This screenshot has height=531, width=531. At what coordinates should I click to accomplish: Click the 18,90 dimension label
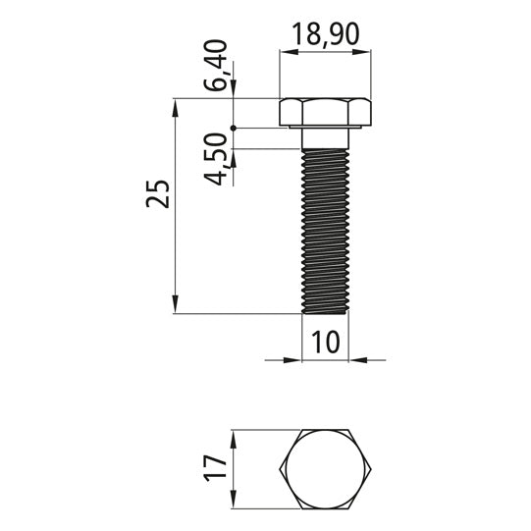coord(325,34)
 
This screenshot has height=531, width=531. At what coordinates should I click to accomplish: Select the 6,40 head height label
coord(216,65)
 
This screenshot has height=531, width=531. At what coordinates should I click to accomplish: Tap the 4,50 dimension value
coord(216,159)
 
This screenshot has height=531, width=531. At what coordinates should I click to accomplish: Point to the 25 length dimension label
coord(157,193)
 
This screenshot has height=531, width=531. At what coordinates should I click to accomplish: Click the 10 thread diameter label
coord(325,343)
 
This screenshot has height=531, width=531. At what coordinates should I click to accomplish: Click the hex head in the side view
coord(325,113)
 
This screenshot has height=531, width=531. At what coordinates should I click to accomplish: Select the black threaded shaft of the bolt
coord(325,232)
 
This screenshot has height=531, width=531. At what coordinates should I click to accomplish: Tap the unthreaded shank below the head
coord(325,138)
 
